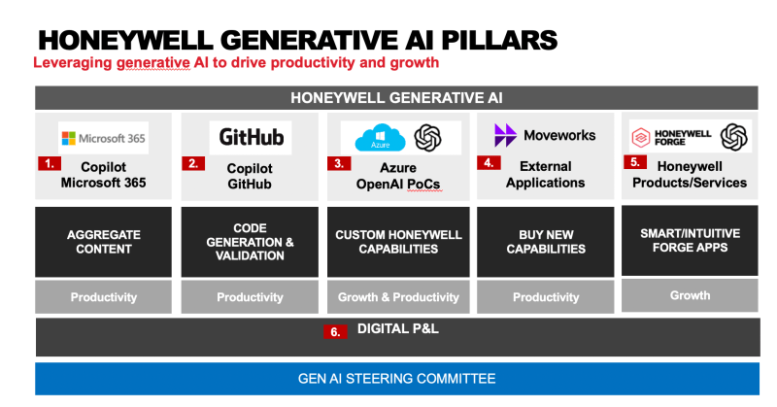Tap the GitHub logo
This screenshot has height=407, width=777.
252,137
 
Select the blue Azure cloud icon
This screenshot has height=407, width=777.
380,137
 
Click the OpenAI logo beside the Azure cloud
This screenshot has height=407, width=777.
427,138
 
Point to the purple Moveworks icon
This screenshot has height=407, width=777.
505,135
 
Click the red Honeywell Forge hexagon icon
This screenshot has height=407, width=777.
640,137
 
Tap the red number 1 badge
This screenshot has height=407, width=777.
50,163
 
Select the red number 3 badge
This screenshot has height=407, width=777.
339,163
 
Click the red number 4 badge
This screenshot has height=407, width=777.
489,162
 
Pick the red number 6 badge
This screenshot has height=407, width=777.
335,331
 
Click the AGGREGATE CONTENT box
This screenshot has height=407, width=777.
103,242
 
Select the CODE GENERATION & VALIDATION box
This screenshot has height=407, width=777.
250,242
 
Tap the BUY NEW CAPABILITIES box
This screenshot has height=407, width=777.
546,242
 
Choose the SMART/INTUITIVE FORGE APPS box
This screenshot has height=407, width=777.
690,241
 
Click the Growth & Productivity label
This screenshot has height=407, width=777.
398,297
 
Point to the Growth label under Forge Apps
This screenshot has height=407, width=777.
690,295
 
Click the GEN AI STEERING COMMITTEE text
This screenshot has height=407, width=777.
396,379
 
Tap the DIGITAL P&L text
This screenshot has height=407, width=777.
398,328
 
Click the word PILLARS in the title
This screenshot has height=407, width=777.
499,40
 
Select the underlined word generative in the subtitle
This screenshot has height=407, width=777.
153,63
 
